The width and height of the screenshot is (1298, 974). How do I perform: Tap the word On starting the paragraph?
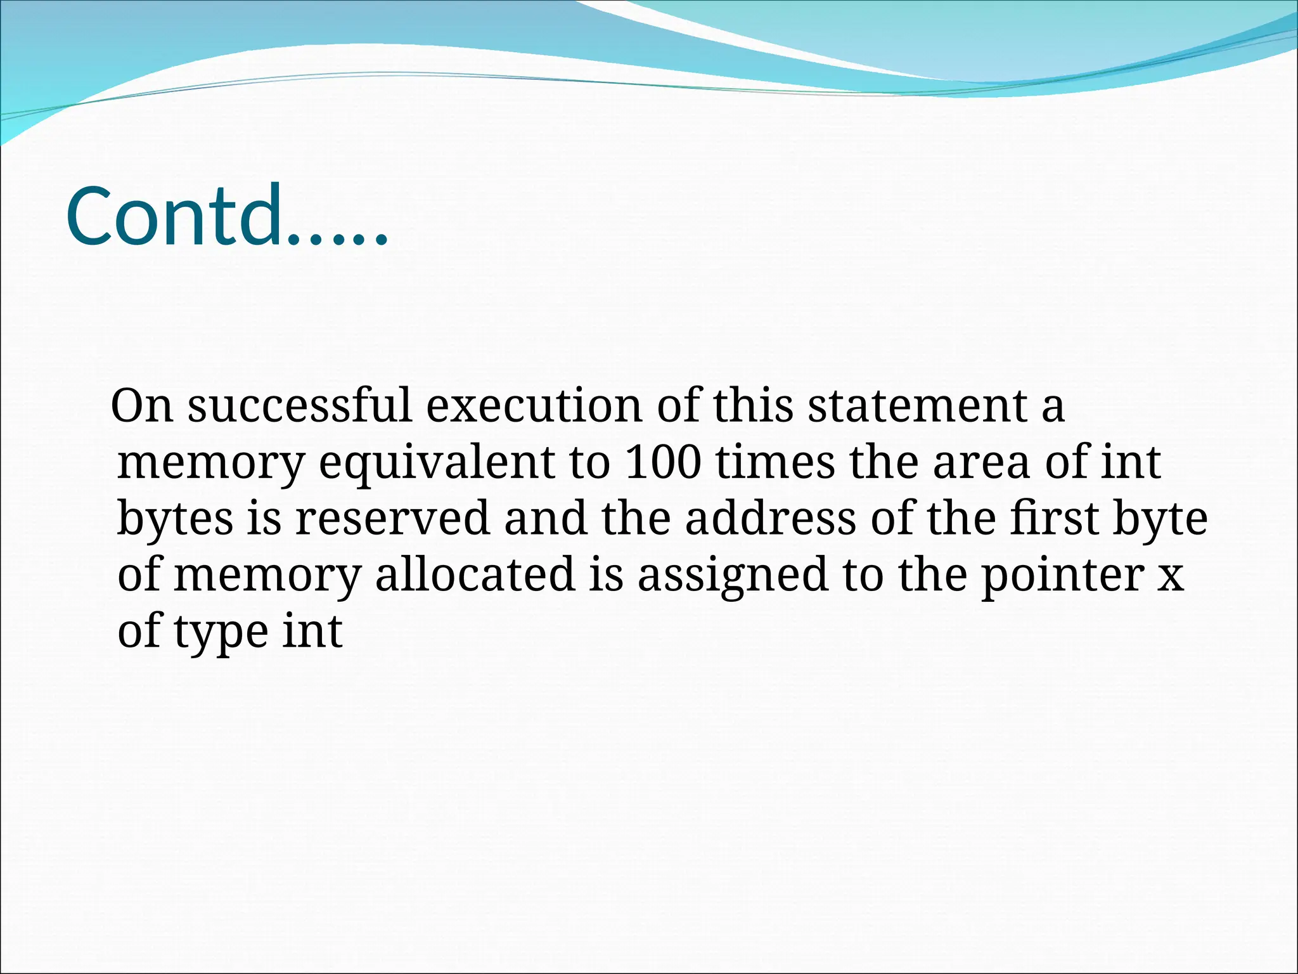(142, 406)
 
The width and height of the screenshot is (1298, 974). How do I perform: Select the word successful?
(300, 406)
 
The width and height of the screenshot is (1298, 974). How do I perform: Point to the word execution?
(534, 406)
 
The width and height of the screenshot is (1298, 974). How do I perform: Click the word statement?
(917, 406)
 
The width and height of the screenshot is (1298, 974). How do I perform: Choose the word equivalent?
(437, 462)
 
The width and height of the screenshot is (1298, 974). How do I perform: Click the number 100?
(663, 462)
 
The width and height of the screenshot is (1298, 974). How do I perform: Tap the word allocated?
(475, 575)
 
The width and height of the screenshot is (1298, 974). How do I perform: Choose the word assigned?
(732, 575)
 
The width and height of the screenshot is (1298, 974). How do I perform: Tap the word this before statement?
(753, 406)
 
